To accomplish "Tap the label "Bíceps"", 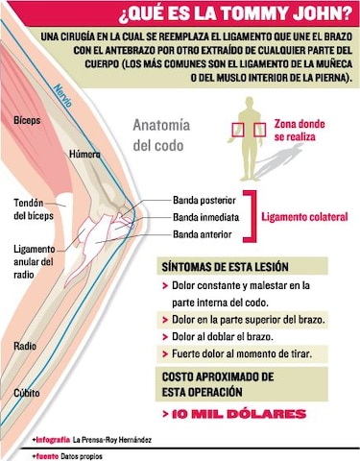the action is pyautogui.click(x=29, y=121).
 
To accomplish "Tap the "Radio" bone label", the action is pyautogui.click(x=25, y=346).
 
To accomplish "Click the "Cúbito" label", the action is pyautogui.click(x=26, y=393).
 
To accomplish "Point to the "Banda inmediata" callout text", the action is pyautogui.click(x=204, y=217).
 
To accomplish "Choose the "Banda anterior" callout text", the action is pyautogui.click(x=202, y=234).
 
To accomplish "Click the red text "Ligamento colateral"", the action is pyautogui.click(x=304, y=218).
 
